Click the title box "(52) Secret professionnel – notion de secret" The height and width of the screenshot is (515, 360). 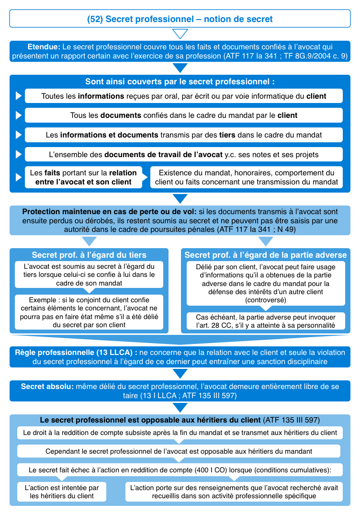pyautogui.click(x=180, y=19)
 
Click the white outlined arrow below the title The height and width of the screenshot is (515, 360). pyautogui.click(x=180, y=34)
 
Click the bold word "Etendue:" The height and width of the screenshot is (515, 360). pyautogui.click(x=44, y=47)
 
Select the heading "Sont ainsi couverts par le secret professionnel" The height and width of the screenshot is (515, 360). pyautogui.click(x=180, y=81)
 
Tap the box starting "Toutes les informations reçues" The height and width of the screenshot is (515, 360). pyautogui.click(x=183, y=96)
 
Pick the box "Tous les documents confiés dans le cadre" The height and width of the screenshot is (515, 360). pyautogui.click(x=183, y=115)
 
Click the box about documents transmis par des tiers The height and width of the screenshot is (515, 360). pyautogui.click(x=183, y=135)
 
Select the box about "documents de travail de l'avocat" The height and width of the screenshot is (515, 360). pyautogui.click(x=183, y=154)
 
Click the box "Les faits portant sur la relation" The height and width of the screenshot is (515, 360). pyautogui.click(x=83, y=177)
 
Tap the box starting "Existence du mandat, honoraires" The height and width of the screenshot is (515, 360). pyautogui.click(x=247, y=177)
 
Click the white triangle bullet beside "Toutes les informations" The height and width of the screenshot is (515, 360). pyautogui.click(x=19, y=96)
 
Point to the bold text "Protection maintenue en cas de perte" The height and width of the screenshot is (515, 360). pyautogui.click(x=108, y=211)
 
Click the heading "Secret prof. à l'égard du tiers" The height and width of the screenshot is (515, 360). pyautogui.click(x=89, y=255)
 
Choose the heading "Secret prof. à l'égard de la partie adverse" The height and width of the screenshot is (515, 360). pyautogui.click(x=265, y=255)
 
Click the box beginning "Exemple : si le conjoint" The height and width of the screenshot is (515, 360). pyautogui.click(x=89, y=311)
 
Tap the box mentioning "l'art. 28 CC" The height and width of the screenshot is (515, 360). pyautogui.click(x=265, y=321)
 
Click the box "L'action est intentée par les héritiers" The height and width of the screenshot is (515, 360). pyautogui.click(x=62, y=492)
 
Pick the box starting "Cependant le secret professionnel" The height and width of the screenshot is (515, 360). pyautogui.click(x=179, y=451)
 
